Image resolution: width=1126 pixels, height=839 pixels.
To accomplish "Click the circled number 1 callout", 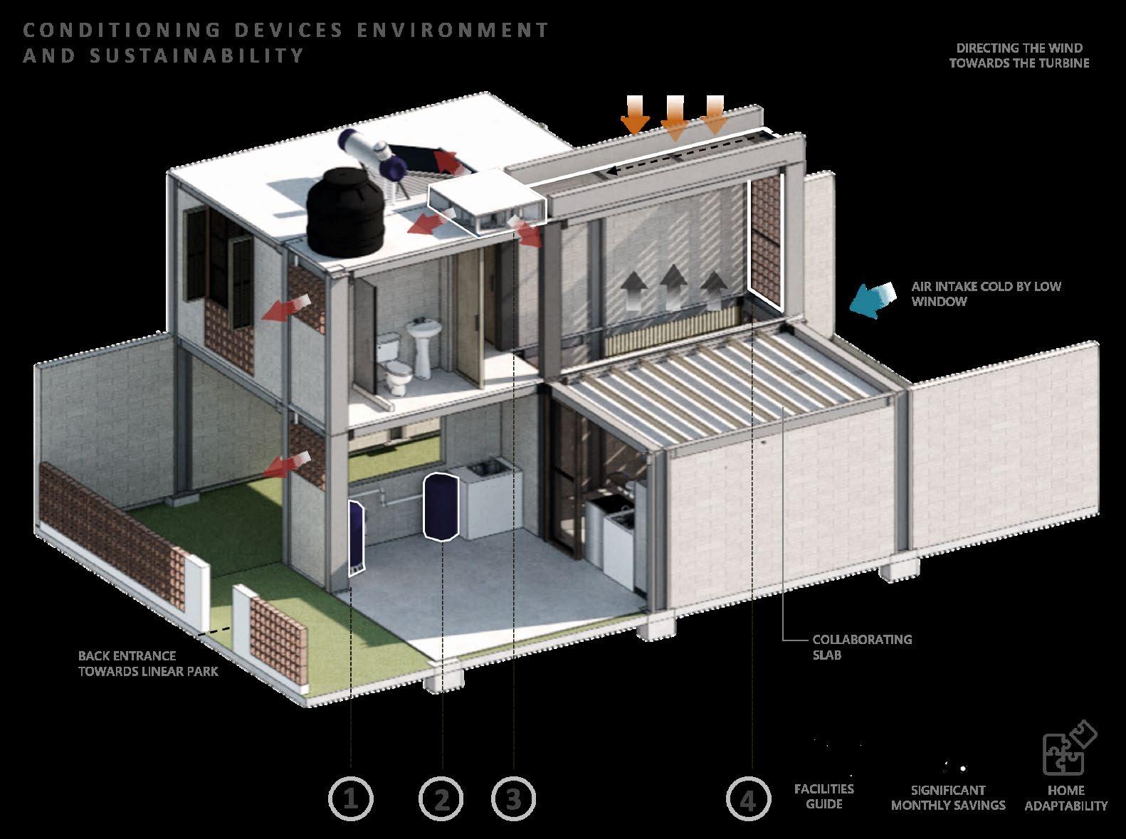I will tap(350, 798).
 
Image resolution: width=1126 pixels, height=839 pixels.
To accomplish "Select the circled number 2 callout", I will tap(441, 798).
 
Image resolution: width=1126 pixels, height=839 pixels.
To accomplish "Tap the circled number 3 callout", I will tap(513, 798).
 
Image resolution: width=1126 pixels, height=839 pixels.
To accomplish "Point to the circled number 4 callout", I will tap(748, 798).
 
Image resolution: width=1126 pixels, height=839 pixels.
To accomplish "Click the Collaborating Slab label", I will tap(861, 647).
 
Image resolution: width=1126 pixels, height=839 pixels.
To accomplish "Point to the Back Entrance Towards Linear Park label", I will tap(148, 663).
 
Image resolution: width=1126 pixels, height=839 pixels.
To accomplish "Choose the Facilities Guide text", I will tap(824, 796).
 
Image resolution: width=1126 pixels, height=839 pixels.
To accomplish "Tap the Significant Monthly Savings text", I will tap(948, 798).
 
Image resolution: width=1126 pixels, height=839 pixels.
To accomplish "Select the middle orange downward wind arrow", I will tap(674, 117).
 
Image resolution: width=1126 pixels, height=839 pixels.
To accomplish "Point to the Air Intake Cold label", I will tap(986, 293).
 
